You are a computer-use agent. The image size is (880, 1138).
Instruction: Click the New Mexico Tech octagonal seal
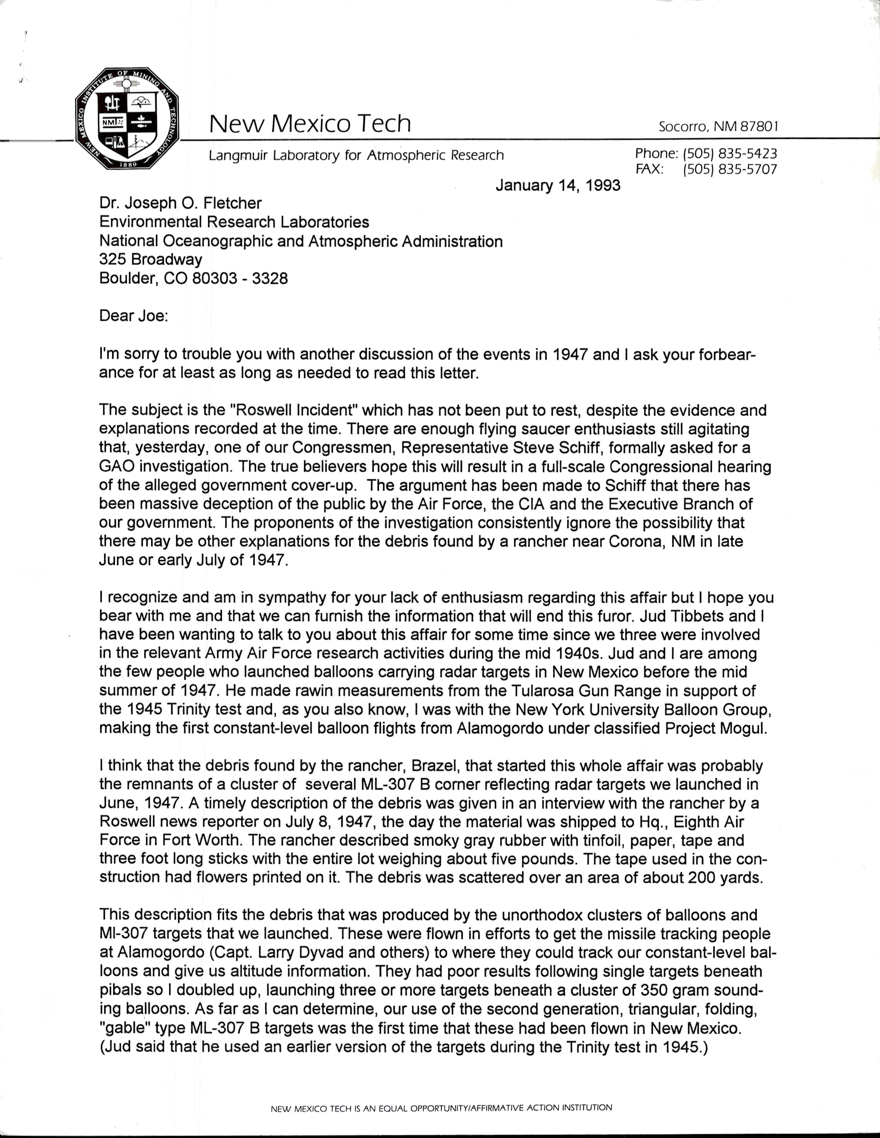(x=127, y=119)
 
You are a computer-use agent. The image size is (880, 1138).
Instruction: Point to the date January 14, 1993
(x=557, y=186)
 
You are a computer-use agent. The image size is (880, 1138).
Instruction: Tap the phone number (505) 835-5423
(x=730, y=154)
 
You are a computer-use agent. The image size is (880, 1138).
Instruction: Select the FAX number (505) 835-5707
(x=730, y=169)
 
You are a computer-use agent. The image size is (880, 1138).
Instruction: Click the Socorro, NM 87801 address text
(x=718, y=127)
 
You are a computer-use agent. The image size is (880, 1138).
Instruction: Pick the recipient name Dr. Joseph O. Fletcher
(x=180, y=203)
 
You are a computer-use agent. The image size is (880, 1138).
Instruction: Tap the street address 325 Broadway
(x=151, y=259)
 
